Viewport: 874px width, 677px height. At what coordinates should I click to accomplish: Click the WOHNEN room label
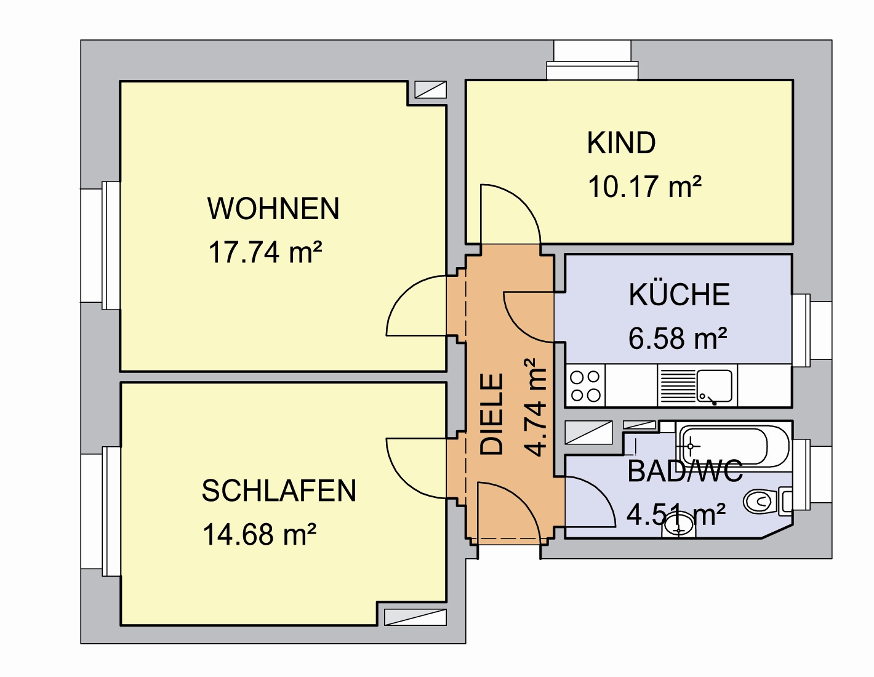point(273,208)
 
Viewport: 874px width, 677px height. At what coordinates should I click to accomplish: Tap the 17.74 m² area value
point(265,252)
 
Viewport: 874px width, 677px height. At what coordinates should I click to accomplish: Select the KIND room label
point(621,143)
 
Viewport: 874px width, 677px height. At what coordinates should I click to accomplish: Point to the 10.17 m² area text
point(645,186)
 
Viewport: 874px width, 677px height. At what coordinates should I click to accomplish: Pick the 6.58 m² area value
point(678,338)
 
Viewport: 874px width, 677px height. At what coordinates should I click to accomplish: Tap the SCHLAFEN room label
point(279,491)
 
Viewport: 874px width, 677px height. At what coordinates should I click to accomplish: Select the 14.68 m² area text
point(259,534)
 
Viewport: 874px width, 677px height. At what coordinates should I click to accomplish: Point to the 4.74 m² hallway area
point(535,407)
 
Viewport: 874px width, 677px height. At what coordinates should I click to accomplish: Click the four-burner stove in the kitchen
point(585,386)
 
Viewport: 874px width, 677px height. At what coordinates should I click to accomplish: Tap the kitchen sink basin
point(715,386)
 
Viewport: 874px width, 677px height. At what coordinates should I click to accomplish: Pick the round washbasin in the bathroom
point(678,524)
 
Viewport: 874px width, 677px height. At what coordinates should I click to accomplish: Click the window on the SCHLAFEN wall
point(100,511)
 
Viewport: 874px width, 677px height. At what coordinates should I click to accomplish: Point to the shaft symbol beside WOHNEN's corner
point(430,90)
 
